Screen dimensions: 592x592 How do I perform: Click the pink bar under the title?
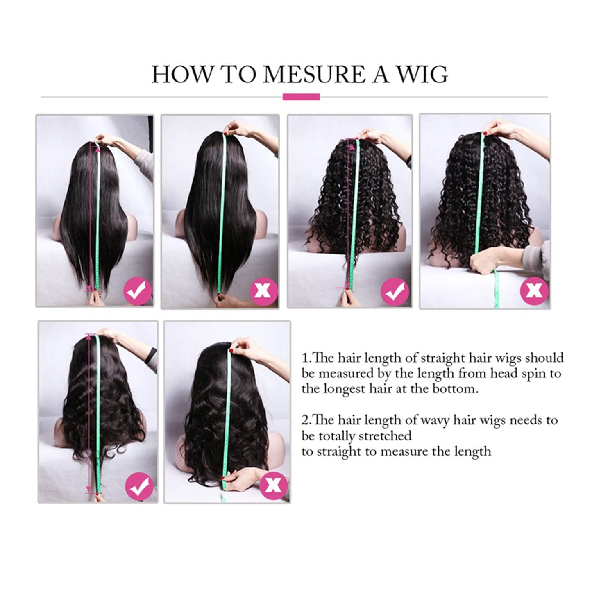(x=301, y=97)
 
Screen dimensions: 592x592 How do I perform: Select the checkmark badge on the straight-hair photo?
(x=138, y=291)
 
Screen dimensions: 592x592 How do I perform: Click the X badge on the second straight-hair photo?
(x=264, y=291)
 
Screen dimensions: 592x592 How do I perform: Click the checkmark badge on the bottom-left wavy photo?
(x=140, y=486)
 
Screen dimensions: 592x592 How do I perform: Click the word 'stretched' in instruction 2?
(x=385, y=435)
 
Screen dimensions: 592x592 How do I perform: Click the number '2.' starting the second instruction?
(x=306, y=420)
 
